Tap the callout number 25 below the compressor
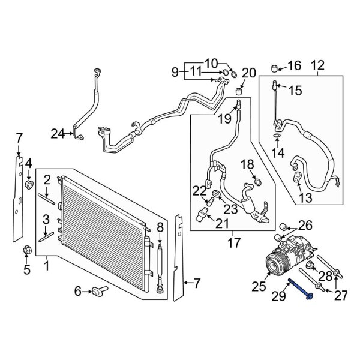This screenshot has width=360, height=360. point(258,287)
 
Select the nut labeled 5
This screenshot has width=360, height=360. point(26,250)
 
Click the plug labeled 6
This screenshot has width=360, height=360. point(98,292)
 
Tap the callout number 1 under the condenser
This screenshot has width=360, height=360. point(47,265)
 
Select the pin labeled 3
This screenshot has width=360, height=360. point(47,236)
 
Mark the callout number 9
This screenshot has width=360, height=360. point(176,73)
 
